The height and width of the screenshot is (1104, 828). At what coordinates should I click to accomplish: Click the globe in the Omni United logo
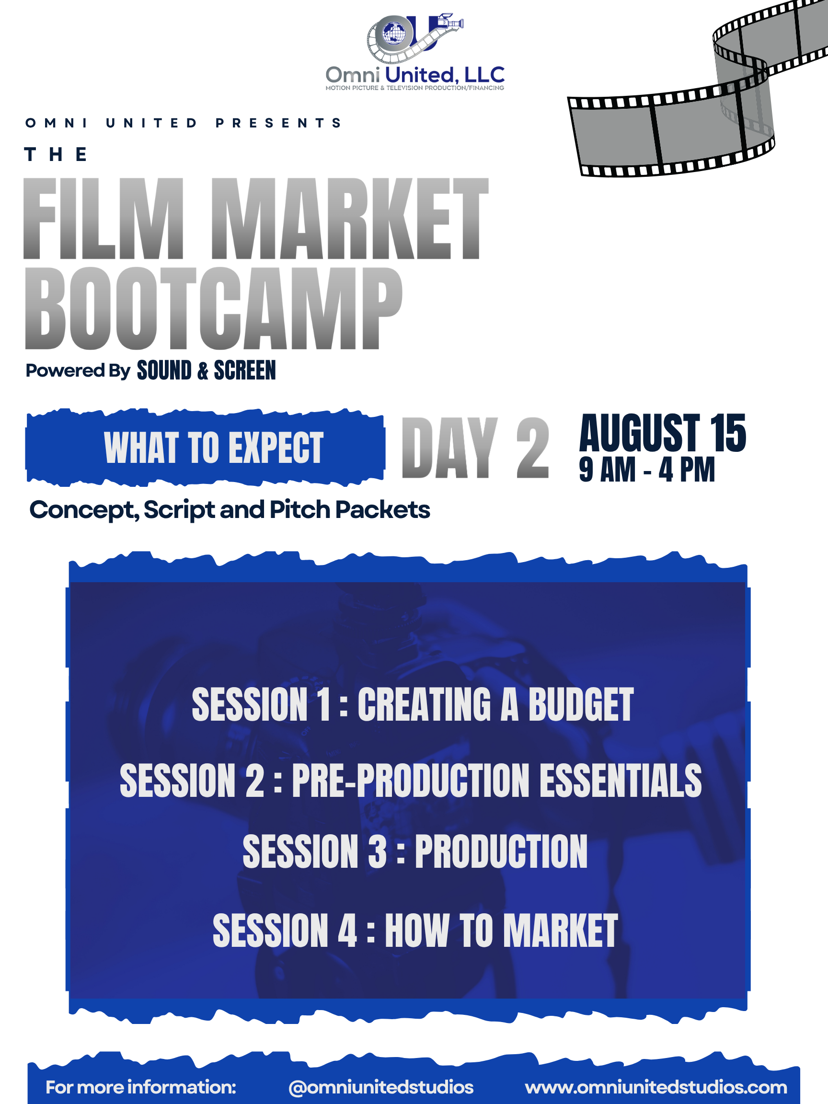pos(394,34)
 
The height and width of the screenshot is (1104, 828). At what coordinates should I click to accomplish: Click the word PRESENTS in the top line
pos(278,123)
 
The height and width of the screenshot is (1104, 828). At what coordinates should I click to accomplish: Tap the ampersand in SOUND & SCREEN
pos(203,371)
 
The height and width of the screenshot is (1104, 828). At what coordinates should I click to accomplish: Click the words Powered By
pos(78,371)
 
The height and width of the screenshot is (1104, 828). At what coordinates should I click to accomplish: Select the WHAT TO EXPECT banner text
pos(214,448)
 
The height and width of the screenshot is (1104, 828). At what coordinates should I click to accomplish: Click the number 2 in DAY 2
pos(532,448)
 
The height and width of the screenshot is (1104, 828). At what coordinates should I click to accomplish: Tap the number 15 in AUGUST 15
pos(728,433)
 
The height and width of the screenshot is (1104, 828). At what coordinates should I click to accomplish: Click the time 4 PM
pos(687,470)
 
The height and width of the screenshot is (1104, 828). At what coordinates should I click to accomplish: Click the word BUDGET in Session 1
pos(581,704)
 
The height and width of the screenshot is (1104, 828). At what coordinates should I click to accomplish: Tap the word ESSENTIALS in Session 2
pos(621,781)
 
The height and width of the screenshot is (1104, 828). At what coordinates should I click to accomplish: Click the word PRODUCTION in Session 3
pos(501,852)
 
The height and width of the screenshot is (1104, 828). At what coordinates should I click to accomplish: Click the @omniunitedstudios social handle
pos(381,1087)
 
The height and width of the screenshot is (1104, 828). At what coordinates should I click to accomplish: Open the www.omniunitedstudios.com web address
pos(656,1087)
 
